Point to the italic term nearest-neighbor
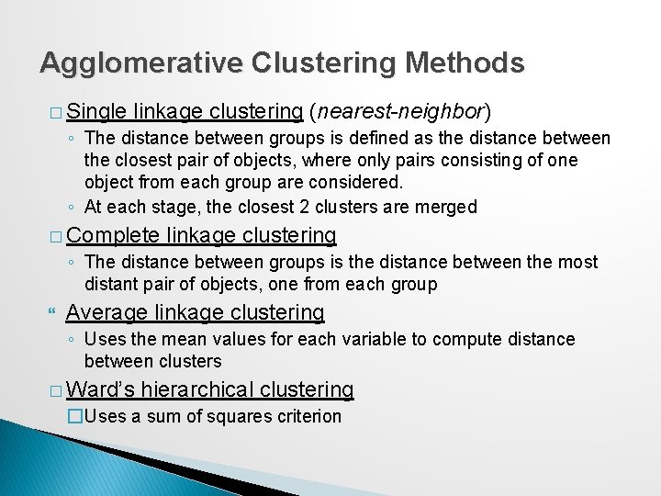pyautogui.click(x=400, y=113)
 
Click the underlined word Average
pyautogui.click(x=102, y=313)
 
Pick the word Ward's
pyautogui.click(x=101, y=389)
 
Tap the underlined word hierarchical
pyautogui.click(x=197, y=389)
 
